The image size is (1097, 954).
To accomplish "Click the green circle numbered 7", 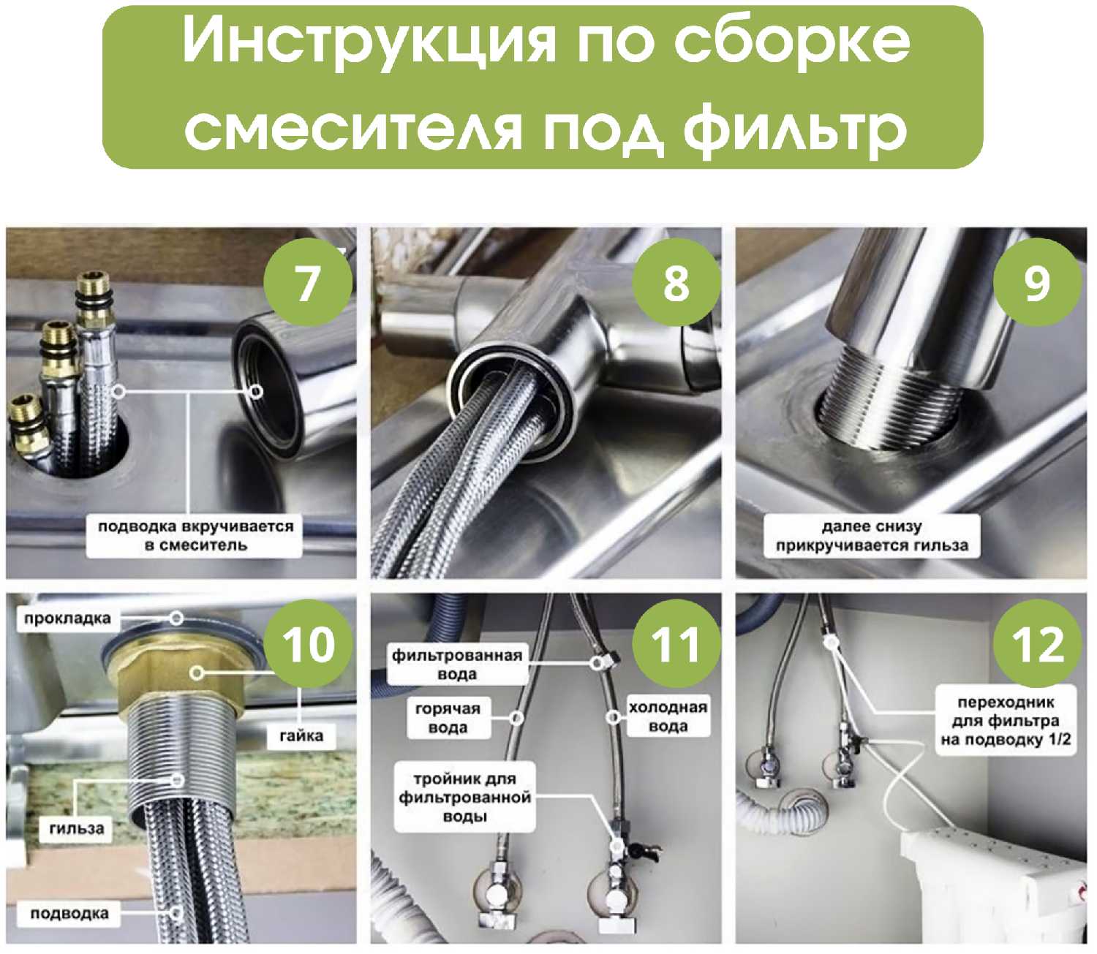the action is [308, 282].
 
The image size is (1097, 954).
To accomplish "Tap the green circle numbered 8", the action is [676, 282].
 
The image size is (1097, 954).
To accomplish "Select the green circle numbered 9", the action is [1037, 282].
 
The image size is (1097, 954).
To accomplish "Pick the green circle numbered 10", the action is [308, 644].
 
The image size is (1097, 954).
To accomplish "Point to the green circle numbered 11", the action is [676, 644].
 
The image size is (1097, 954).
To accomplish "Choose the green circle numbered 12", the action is [1037, 644].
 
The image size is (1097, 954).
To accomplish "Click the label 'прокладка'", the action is [67, 618].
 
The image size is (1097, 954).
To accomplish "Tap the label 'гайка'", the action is [301, 735].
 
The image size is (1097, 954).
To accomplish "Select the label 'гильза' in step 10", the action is [77, 828].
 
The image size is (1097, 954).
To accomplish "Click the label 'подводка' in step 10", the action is [69, 913].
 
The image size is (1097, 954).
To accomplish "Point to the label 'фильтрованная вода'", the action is [457, 665].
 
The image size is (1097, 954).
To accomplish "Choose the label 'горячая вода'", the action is [448, 718].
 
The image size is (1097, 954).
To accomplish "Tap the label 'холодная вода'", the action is [668, 716].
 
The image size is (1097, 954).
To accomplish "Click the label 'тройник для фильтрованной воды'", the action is [465, 797].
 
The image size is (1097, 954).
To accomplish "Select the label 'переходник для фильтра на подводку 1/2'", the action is [1006, 720].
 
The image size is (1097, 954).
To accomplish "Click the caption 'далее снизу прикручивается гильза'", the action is [872, 536].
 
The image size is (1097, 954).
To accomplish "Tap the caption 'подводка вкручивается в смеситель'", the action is [195, 536].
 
